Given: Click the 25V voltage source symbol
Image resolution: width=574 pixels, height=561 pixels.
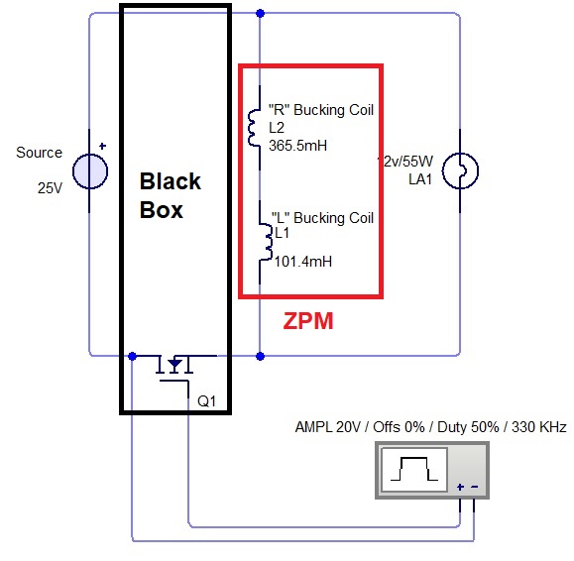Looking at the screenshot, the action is tap(90, 171).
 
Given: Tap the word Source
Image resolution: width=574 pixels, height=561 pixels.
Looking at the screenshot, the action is tap(40, 153).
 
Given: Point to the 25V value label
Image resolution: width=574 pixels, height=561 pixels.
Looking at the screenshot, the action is tap(50, 188).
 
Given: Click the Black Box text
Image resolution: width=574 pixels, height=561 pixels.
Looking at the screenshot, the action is tap(171, 195).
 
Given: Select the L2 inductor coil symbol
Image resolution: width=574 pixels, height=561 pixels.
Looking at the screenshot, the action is tap(253, 128).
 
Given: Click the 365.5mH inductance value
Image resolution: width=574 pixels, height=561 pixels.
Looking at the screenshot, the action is tap(297, 146).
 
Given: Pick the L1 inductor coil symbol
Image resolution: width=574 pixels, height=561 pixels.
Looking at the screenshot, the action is tap(266, 242).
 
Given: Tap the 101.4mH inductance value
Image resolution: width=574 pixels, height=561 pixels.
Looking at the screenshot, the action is tap(303, 262).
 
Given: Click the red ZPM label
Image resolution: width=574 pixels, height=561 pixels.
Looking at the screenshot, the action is tap(308, 321).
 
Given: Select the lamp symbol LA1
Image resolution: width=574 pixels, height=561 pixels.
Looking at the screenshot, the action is tap(460, 170).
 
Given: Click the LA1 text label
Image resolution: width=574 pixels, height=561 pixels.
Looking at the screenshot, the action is tap(420, 179).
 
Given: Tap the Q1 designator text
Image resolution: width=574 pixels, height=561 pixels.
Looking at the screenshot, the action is tap(206, 401).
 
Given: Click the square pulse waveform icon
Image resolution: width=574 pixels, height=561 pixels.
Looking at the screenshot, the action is tap(414, 470).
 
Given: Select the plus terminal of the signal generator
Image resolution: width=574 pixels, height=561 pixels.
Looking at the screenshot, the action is tap(460, 487).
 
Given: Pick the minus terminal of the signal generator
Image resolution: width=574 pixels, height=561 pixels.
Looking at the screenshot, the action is tap(475, 487).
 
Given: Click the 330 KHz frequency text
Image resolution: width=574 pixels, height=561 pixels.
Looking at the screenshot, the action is tap(539, 427).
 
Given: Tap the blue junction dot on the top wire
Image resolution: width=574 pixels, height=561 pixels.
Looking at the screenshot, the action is tap(261, 14).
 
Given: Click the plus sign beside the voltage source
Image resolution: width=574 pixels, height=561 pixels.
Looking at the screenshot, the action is tap(102, 146).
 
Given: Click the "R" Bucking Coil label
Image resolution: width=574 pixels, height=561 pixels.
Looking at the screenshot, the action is tap(320, 110).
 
